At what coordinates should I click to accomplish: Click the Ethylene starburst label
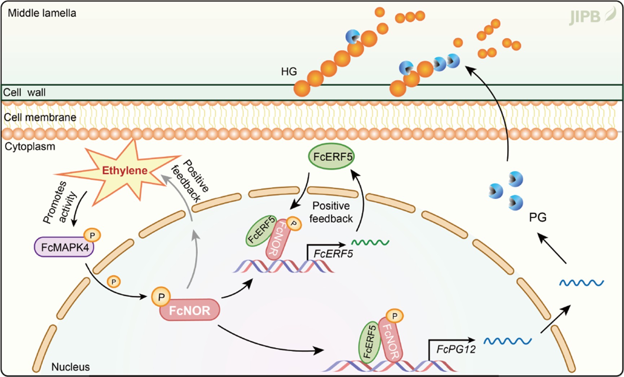click(x=125, y=171)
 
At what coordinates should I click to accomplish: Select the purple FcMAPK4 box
click(x=64, y=247)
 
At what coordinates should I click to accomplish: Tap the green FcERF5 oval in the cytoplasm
click(x=331, y=157)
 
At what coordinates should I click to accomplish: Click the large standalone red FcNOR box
click(x=190, y=310)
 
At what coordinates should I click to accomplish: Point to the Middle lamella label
click(x=42, y=13)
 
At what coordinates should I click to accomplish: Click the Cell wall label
click(x=25, y=93)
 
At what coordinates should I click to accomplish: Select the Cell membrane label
click(x=40, y=118)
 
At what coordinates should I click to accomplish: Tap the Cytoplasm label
click(x=30, y=147)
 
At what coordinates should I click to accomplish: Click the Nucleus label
click(x=70, y=367)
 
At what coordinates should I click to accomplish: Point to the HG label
click(x=289, y=72)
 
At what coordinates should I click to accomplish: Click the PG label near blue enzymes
click(x=537, y=218)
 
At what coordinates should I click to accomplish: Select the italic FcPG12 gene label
click(x=456, y=349)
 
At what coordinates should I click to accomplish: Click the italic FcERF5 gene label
click(x=333, y=254)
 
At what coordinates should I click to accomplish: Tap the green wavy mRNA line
click(x=370, y=242)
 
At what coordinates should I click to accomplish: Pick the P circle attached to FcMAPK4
click(x=92, y=236)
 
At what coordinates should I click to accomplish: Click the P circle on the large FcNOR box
click(x=161, y=297)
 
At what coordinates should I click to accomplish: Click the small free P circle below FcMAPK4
click(x=114, y=282)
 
